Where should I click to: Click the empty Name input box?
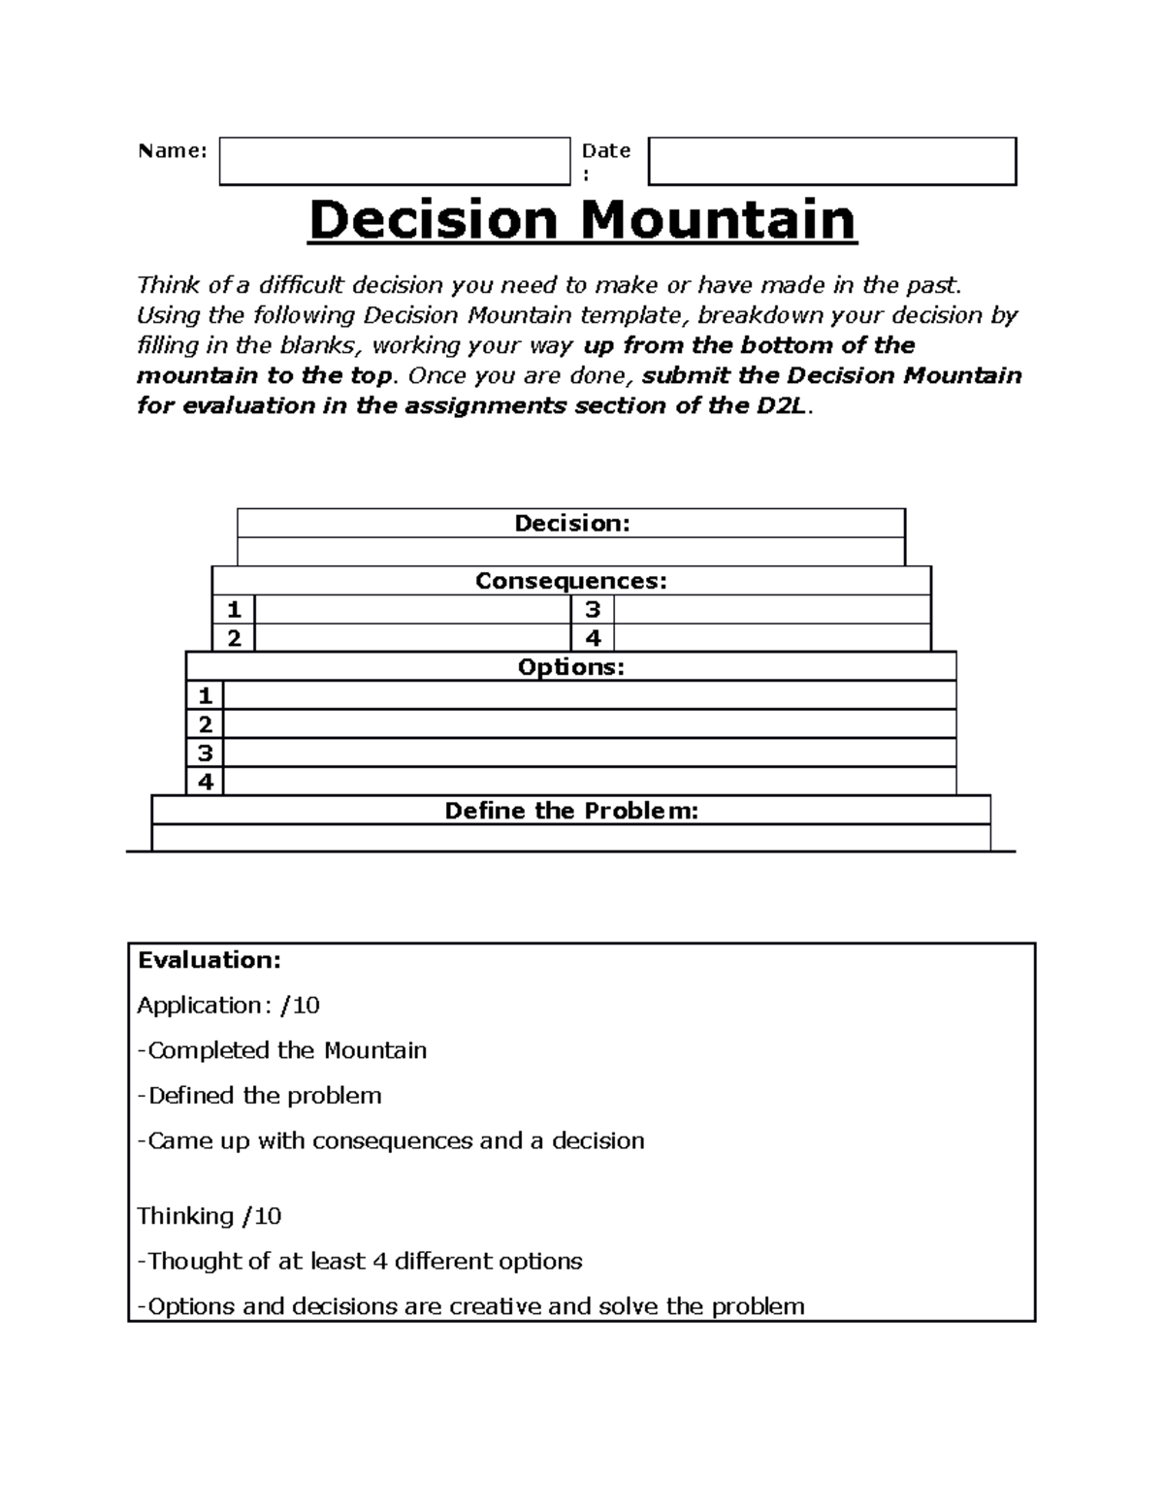[x=394, y=161]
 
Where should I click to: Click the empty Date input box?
[x=831, y=161]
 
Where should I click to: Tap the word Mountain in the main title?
[x=718, y=220]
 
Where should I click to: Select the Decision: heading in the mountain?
[x=571, y=524]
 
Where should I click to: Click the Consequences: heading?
[x=571, y=581]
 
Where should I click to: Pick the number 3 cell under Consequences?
[x=593, y=610]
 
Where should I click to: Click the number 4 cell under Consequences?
[x=593, y=638]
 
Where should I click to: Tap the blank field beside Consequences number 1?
[x=412, y=610]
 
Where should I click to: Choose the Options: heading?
[x=571, y=667]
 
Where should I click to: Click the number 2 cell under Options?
[x=205, y=724]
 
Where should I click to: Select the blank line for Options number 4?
[x=589, y=782]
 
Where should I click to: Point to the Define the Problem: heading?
[x=571, y=811]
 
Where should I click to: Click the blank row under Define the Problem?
[x=571, y=838]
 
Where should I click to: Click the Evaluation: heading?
[x=210, y=960]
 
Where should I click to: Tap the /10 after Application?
[x=300, y=1006]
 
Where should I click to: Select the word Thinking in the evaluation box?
[x=185, y=1216]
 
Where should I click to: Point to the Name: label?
[x=173, y=150]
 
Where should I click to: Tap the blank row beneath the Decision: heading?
[x=571, y=552]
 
